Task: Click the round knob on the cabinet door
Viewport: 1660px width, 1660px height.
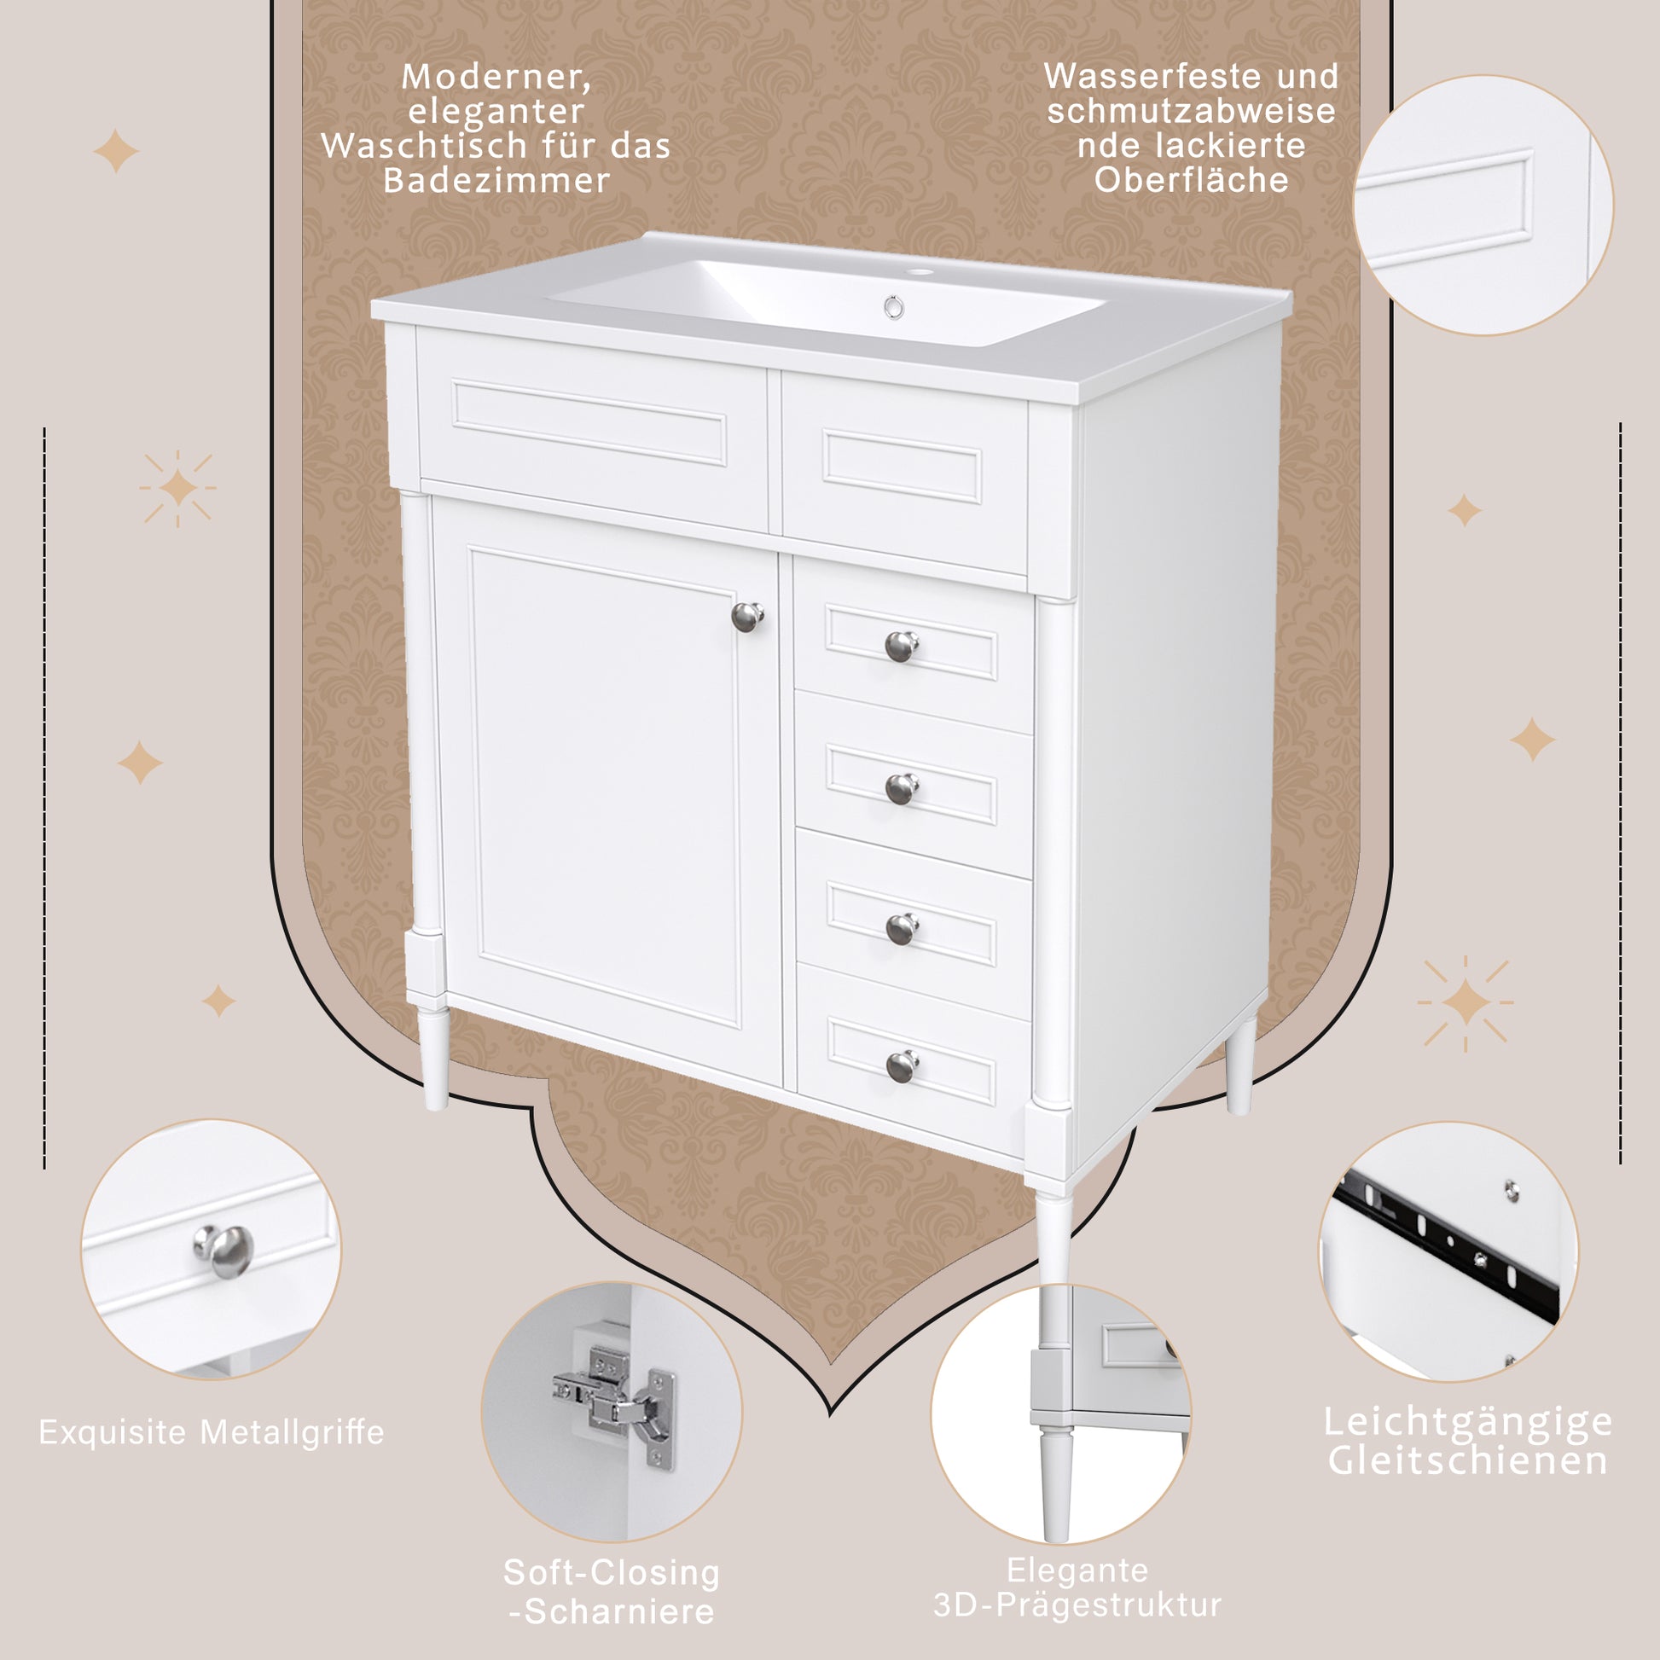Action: coord(747,616)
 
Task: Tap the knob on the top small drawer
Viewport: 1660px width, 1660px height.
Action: coord(902,645)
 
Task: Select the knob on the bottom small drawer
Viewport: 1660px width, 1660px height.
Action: coord(903,1065)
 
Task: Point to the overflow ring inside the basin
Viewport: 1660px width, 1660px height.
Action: coord(894,307)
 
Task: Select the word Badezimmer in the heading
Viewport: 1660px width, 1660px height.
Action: coord(496,181)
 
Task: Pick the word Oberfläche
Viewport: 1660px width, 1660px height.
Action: coord(1191,180)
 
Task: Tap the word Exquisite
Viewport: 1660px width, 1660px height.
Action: coord(113,1432)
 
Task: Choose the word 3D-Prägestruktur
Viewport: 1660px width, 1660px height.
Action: coord(1077,1605)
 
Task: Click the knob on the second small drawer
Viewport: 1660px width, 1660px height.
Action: coord(902,788)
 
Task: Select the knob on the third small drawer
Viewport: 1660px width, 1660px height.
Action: coord(903,929)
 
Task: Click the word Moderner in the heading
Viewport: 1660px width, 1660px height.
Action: coord(496,78)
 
